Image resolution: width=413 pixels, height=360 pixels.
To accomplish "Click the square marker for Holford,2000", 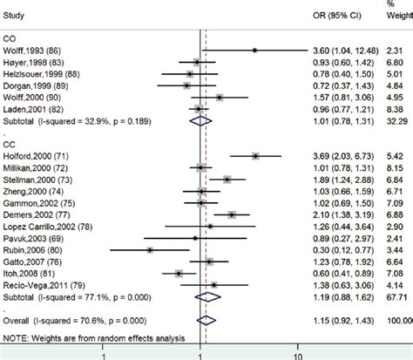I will (x=255, y=155).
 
